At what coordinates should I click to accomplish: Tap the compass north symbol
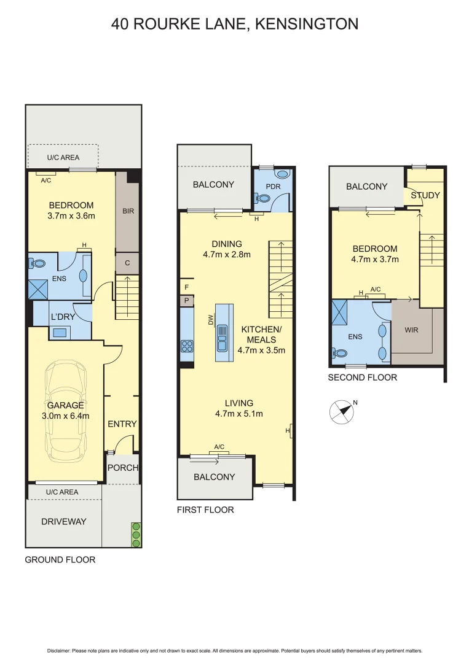(342, 412)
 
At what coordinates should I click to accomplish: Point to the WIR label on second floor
(411, 330)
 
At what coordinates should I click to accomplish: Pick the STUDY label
(425, 195)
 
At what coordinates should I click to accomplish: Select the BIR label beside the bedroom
(128, 211)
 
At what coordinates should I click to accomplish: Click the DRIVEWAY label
(64, 521)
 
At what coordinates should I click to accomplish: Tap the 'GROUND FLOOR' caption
(60, 559)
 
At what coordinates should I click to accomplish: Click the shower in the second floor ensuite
(339, 312)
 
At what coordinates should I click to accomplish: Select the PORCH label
(123, 467)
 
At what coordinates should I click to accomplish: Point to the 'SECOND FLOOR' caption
(362, 377)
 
